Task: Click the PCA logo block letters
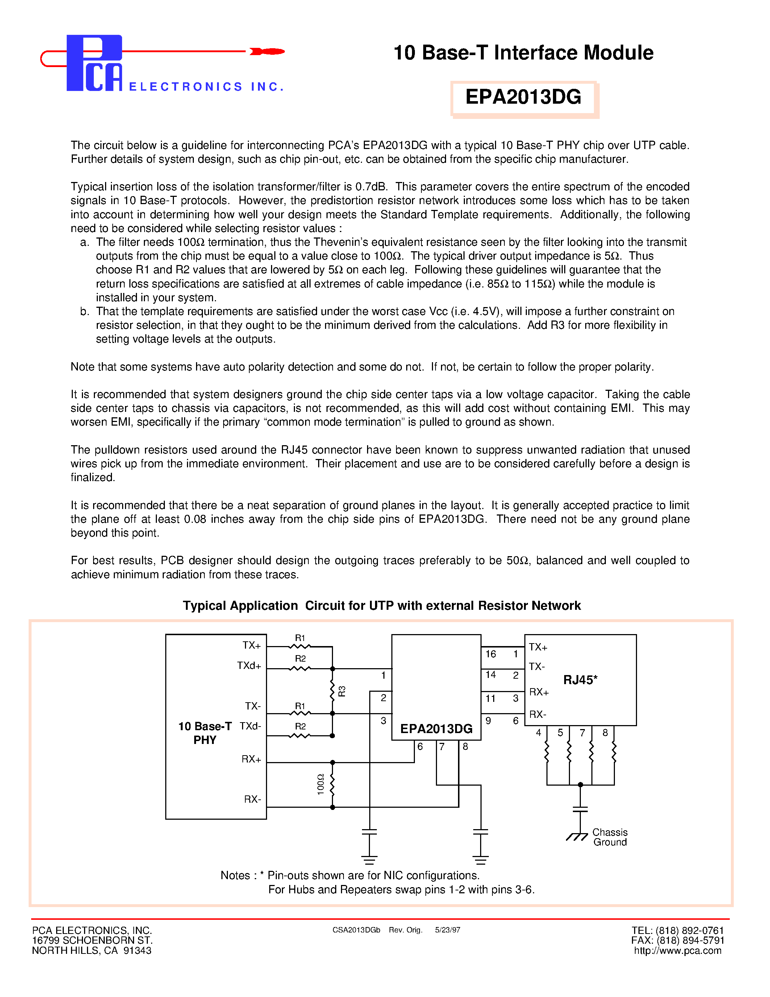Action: click(x=95, y=63)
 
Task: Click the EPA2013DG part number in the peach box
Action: click(x=523, y=97)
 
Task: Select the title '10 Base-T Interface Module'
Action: click(x=523, y=53)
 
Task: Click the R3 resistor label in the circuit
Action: click(x=342, y=691)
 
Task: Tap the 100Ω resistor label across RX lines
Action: click(x=320, y=784)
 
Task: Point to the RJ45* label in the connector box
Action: click(x=580, y=680)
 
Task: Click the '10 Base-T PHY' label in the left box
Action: click(x=205, y=733)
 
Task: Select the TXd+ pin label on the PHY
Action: click(x=249, y=666)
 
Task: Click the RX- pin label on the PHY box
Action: click(x=252, y=799)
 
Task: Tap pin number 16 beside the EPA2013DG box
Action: click(x=490, y=654)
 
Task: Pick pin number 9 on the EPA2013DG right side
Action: click(x=488, y=721)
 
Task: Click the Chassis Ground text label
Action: click(x=610, y=837)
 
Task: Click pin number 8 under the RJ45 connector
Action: click(x=605, y=733)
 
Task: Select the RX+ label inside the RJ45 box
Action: click(x=539, y=692)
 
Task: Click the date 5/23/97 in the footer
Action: click(x=448, y=930)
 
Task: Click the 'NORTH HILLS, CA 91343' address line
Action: click(x=92, y=951)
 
